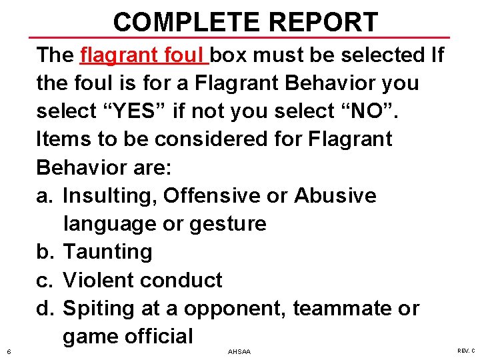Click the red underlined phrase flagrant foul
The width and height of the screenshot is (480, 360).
coord(144,55)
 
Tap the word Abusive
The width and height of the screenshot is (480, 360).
coord(335,195)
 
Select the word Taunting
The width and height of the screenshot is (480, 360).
coord(107,251)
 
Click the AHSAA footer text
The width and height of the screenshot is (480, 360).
coord(239,351)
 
